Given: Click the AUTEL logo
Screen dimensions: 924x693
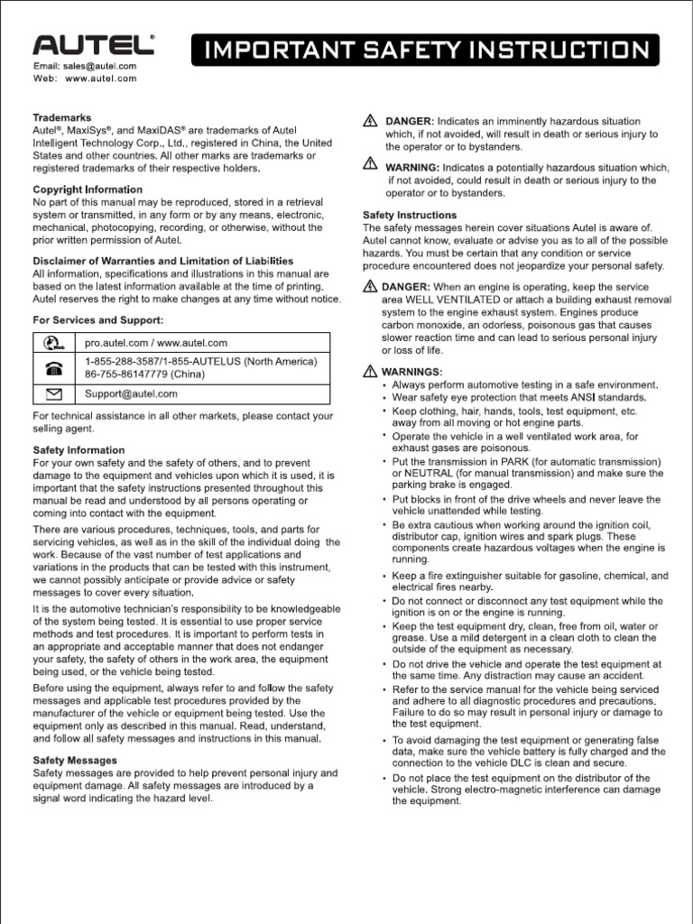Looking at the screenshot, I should [x=95, y=47].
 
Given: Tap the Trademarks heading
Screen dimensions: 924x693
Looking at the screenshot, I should [x=61, y=117].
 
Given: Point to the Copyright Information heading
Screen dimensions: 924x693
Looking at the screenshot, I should [x=88, y=189].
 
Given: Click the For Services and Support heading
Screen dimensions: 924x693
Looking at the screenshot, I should [x=97, y=319].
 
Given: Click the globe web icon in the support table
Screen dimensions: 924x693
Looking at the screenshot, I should [x=54, y=343].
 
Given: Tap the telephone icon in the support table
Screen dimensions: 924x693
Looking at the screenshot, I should [x=54, y=368].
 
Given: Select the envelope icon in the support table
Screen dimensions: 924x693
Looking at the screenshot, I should [x=54, y=393].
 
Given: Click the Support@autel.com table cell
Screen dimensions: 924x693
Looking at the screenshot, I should [x=131, y=393].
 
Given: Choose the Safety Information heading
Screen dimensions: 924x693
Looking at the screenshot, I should [x=79, y=449].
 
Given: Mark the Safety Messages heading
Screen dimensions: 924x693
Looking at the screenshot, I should [x=75, y=761].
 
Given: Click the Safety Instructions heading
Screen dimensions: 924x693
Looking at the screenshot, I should [x=410, y=216].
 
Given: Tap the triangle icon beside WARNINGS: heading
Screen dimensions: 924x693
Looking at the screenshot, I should [x=370, y=371].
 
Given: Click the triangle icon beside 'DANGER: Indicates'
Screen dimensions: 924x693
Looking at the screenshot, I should [x=370, y=121].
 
